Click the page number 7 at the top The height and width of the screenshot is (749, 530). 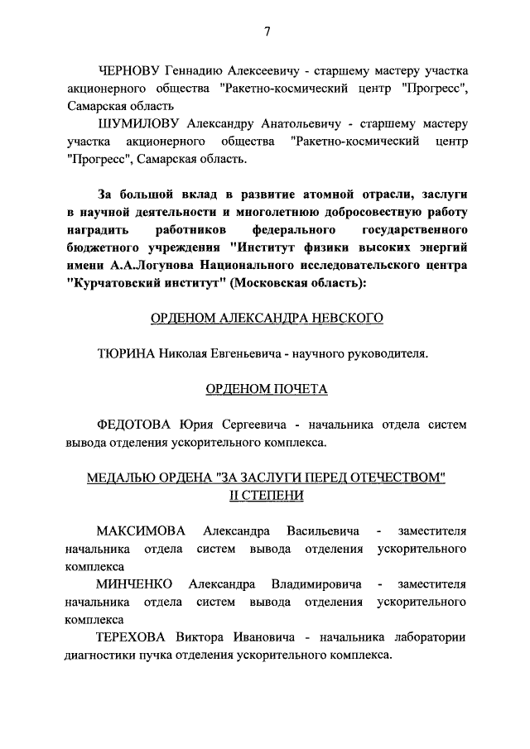click(x=267, y=32)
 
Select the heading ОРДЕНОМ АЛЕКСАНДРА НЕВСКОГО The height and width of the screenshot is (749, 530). click(x=266, y=319)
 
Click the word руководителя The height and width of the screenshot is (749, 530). click(x=386, y=354)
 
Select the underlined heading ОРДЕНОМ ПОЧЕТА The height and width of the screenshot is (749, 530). click(x=266, y=389)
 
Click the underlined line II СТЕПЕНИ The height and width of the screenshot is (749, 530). click(x=266, y=495)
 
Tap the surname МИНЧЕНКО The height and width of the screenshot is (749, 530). click(x=134, y=583)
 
